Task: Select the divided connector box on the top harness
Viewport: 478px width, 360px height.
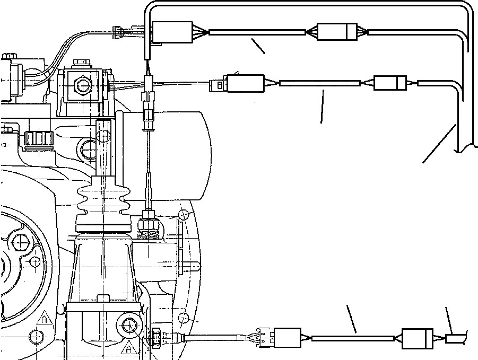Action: pos(337,32)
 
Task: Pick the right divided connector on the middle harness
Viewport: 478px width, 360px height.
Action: pos(390,83)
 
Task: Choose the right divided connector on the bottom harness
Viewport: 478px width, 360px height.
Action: pos(418,338)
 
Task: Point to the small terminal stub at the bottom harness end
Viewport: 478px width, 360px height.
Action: pos(455,338)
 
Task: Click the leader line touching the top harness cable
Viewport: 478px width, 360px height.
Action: pos(258,46)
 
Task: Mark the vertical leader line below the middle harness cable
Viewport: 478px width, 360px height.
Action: pos(322,106)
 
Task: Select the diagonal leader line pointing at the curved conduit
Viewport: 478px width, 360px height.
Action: pos(439,143)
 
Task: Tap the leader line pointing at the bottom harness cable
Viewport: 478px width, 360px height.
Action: pos(351,319)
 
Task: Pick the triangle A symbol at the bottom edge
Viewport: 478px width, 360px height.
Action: pos(129,349)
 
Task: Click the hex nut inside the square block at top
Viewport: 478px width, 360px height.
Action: pos(82,84)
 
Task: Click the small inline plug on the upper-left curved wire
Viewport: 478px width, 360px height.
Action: pos(117,37)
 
